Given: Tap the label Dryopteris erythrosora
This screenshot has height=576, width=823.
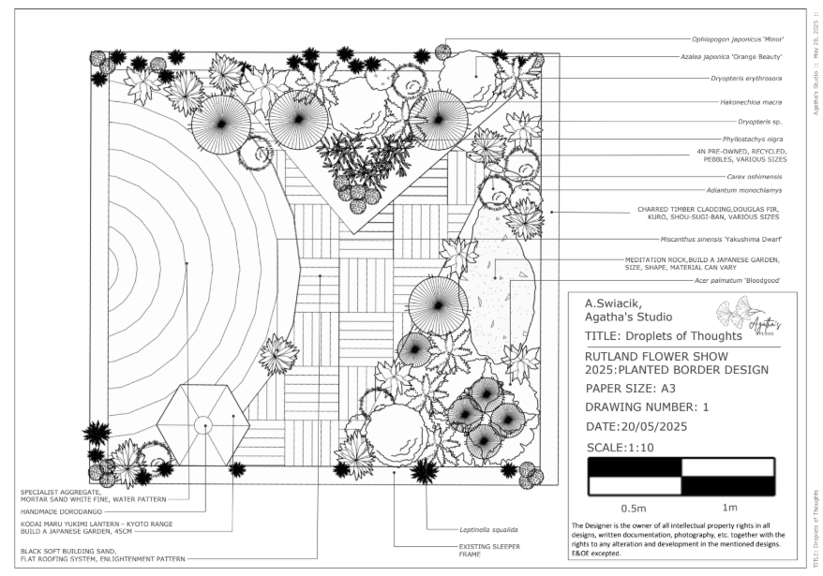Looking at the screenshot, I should coord(749,79).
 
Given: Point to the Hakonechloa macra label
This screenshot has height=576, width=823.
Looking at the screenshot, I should coord(753,101).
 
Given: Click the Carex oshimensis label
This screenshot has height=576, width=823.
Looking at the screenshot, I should coord(754,176).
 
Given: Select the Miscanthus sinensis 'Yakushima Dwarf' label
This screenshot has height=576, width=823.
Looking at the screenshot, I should coord(726,239).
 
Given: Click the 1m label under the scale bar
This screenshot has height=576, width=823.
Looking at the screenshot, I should coord(728,509).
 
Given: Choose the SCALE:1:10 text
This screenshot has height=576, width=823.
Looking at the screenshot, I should coord(620,447).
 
